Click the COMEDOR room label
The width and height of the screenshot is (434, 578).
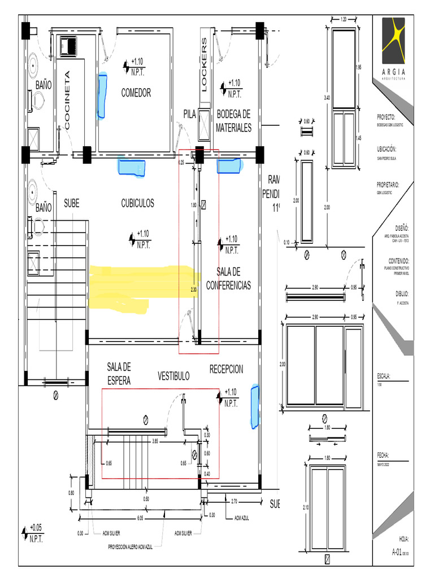(x=136, y=93)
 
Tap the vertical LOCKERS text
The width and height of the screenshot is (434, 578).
(x=205, y=65)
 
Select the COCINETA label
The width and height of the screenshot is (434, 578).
(x=67, y=101)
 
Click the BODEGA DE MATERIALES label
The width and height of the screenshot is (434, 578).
(x=233, y=121)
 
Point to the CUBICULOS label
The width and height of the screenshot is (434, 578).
(x=137, y=203)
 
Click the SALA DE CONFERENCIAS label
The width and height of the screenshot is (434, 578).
(x=228, y=279)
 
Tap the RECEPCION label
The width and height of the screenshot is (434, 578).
(x=226, y=369)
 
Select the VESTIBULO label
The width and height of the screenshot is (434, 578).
(x=173, y=376)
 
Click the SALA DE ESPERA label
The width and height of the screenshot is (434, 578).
(x=119, y=374)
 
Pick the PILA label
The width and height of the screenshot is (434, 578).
(x=189, y=115)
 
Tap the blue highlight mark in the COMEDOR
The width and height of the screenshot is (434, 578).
(x=102, y=95)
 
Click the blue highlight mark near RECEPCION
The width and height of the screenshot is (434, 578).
(x=254, y=404)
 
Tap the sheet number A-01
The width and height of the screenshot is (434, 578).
(x=398, y=553)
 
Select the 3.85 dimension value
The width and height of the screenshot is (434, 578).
(x=155, y=440)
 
